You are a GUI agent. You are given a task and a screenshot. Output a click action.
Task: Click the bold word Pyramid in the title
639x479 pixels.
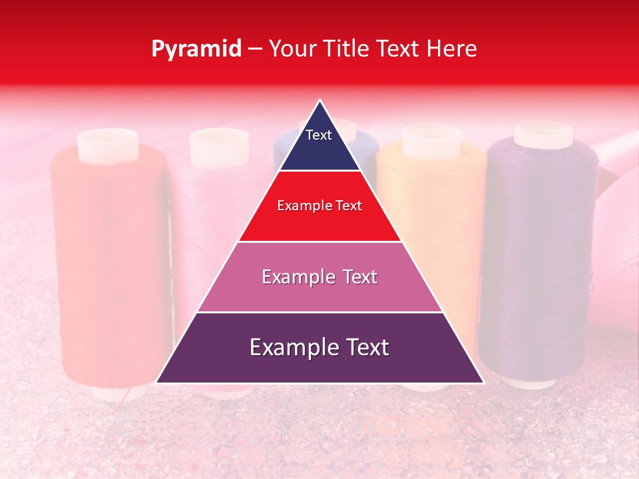(196, 49)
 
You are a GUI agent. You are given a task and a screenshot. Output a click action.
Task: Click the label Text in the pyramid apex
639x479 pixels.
(318, 135)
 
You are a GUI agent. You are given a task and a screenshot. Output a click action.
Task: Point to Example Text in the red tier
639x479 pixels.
(319, 206)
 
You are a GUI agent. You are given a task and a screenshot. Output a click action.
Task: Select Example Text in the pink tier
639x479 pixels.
(319, 277)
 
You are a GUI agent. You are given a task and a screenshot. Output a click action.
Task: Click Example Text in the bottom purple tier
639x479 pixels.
(319, 347)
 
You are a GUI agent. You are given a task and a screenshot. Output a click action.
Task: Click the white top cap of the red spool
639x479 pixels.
(108, 142)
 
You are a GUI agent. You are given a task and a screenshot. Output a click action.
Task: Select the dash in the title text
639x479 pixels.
(255, 49)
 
